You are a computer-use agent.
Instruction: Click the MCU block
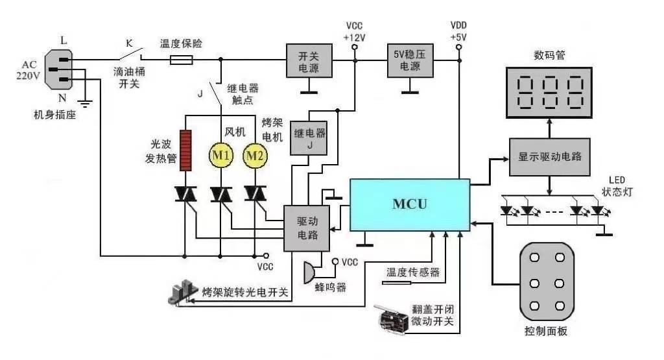tap(410, 204)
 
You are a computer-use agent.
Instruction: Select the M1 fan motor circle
tap(221, 156)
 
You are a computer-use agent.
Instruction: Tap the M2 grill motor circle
tap(255, 156)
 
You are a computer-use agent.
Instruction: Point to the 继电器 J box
tap(309, 138)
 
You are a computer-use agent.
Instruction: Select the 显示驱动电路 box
tap(550, 156)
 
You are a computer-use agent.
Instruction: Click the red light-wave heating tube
tap(186, 150)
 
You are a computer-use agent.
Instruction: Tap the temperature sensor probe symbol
tap(397, 283)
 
